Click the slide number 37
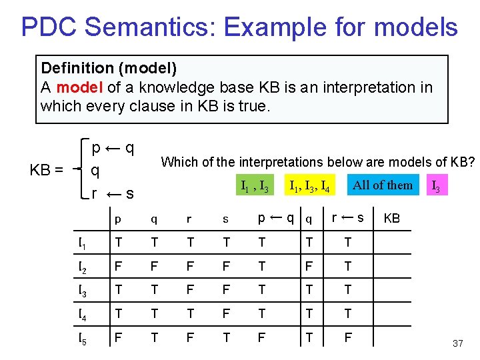(457, 343)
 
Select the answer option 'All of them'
(383, 185)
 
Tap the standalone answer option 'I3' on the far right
(435, 186)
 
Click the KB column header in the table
(392, 219)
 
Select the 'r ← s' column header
(348, 217)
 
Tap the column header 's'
(225, 219)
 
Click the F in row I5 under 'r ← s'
(348, 338)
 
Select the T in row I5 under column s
(226, 338)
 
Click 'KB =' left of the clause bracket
(47, 170)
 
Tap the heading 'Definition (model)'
(109, 68)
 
